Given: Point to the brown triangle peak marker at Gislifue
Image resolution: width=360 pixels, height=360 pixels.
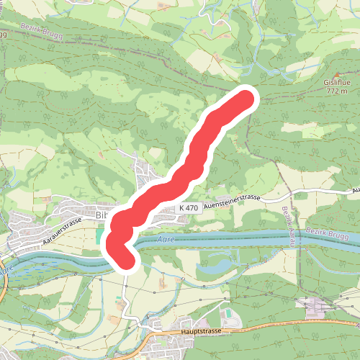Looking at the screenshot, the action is coord(337,75).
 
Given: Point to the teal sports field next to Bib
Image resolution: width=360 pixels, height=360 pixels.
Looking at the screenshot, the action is coord(99,236).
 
